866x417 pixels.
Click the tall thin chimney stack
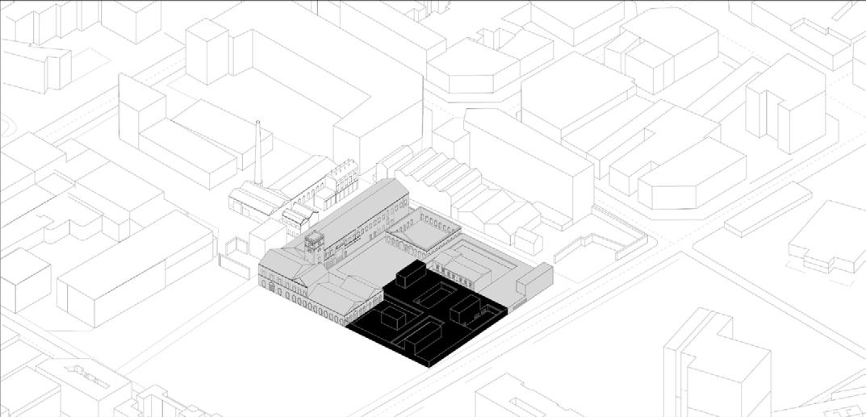point(258,153)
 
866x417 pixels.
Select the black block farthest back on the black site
point(410,275)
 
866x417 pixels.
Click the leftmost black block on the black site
point(388,318)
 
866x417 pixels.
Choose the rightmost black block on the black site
point(465,307)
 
